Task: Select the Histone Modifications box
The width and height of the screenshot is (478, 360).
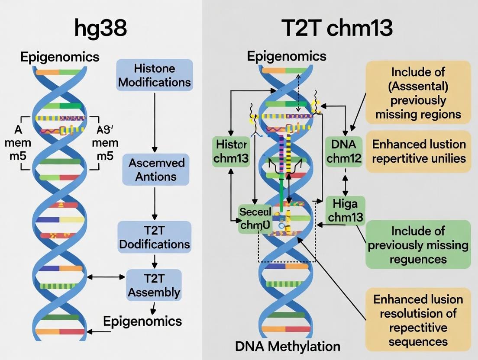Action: click(x=154, y=75)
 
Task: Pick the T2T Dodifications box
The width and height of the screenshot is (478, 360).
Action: click(x=154, y=237)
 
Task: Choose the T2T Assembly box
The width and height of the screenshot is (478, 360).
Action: click(x=153, y=285)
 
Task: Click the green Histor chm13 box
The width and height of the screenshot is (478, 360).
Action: click(x=231, y=151)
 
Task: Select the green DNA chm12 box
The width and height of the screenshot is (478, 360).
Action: click(x=344, y=151)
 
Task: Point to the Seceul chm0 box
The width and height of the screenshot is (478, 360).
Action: click(x=255, y=219)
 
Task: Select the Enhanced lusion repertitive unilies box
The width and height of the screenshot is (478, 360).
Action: click(x=418, y=151)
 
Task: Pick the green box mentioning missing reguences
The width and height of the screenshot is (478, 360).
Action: click(x=418, y=244)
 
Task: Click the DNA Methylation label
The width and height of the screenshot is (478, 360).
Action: click(x=287, y=346)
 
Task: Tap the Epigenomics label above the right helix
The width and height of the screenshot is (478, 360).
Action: click(x=287, y=56)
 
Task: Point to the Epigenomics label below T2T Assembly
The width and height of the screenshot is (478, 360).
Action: click(x=142, y=321)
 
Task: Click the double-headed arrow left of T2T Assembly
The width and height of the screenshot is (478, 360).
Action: click(x=106, y=276)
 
